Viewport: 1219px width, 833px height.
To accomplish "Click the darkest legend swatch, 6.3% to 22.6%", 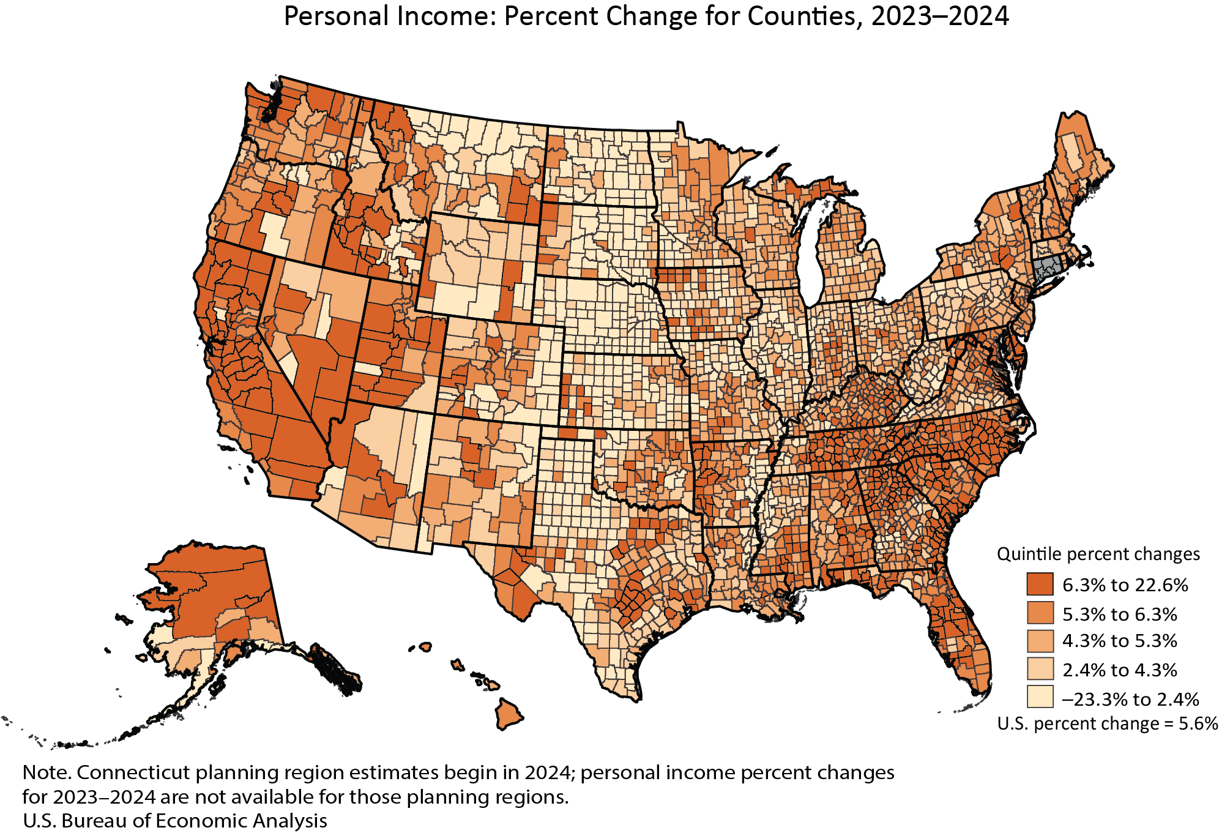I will pyautogui.click(x=1040, y=584).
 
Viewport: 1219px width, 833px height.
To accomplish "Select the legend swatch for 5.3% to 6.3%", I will pyautogui.click(x=1040, y=613).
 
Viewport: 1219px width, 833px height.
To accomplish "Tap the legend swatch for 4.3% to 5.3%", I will pyautogui.click(x=1040, y=641).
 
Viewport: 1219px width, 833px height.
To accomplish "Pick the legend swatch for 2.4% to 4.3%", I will pyautogui.click(x=1040, y=669).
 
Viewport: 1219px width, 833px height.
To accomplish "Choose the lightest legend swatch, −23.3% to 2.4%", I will pyautogui.click(x=1040, y=697).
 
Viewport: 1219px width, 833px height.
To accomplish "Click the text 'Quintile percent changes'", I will pyautogui.click(x=1098, y=554).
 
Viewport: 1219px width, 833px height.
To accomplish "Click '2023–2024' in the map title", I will pyautogui.click(x=939, y=17).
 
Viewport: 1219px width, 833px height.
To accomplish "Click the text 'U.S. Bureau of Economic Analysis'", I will pyautogui.click(x=174, y=820).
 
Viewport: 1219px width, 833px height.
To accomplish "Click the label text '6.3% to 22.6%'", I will pyautogui.click(x=1125, y=585).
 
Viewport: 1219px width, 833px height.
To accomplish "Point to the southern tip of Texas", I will pyautogui.click(x=633, y=697).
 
